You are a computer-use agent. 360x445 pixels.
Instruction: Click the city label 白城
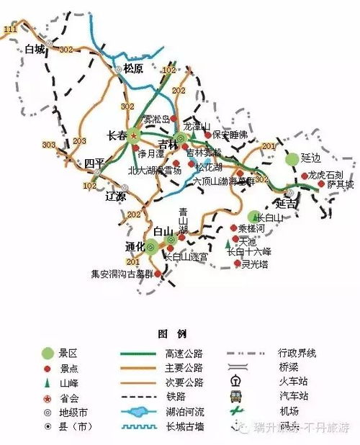[x=34, y=50]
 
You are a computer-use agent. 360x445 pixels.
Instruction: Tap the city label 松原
[x=135, y=69]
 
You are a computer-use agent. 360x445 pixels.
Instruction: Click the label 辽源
[x=115, y=196]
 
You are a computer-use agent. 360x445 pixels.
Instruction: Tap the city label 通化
[x=135, y=246]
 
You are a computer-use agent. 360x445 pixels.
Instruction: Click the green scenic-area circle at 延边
[x=292, y=158]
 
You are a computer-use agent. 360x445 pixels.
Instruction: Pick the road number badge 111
[x=9, y=28]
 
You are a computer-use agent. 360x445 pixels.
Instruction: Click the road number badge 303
[x=49, y=145]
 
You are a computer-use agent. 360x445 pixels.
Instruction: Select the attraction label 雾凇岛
[x=157, y=120]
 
